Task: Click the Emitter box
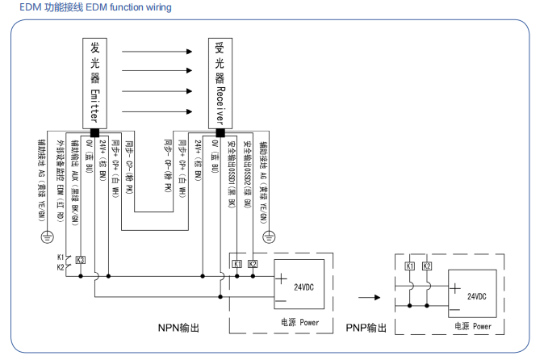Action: tap(94, 82)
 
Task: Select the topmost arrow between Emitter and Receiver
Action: tap(157, 50)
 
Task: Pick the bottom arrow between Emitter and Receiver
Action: tap(157, 111)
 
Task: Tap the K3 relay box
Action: tap(80, 260)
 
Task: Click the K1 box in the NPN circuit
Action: tap(237, 264)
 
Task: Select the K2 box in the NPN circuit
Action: tap(253, 264)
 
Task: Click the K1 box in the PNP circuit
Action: tap(409, 266)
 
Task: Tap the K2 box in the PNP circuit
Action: tap(427, 266)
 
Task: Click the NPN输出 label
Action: tap(178, 328)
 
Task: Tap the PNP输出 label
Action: tap(366, 328)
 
